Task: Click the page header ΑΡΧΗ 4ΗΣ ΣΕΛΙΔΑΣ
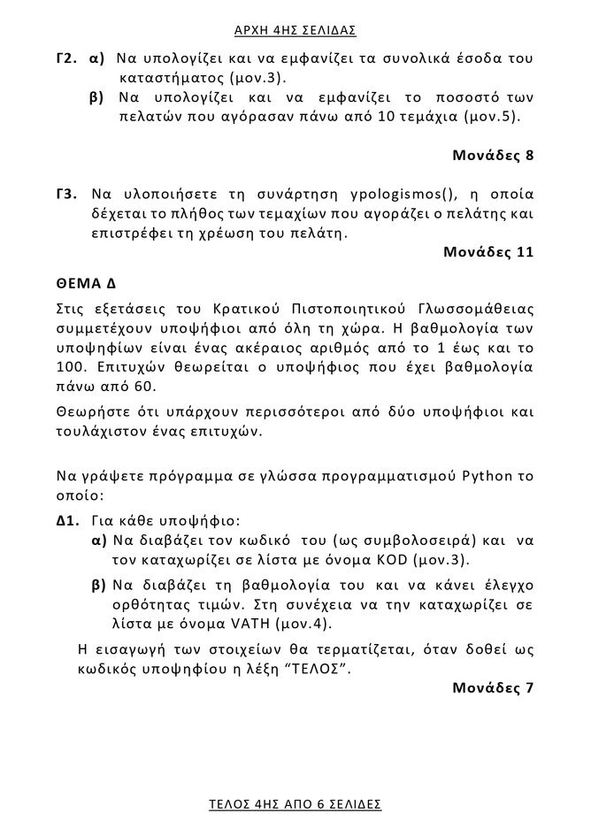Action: (x=295, y=31)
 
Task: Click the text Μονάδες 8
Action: (x=493, y=156)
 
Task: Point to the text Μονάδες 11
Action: (x=488, y=253)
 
